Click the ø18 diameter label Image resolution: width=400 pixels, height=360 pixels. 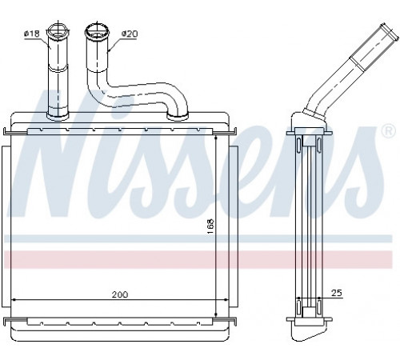click(32, 34)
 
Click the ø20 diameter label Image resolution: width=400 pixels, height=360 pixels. click(130, 34)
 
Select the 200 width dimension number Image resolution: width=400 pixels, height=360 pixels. click(120, 294)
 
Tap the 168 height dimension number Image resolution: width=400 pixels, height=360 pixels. click(210, 226)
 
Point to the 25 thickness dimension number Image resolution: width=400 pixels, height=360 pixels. click(336, 293)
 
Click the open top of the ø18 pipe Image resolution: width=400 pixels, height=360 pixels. click(58, 30)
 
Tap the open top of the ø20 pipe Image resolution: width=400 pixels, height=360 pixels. click(97, 30)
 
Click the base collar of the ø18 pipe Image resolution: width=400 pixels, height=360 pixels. click(58, 115)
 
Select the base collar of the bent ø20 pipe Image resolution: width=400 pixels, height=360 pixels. click(177, 116)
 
